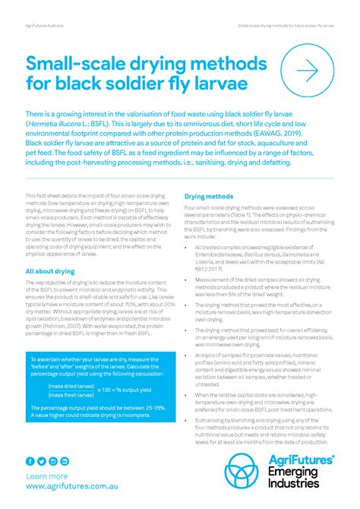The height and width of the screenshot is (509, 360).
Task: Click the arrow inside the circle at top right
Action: pyautogui.click(x=307, y=71)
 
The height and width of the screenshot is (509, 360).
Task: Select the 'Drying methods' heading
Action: pyautogui.click(x=209, y=196)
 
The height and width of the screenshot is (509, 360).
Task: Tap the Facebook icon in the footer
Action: pyautogui.click(x=31, y=461)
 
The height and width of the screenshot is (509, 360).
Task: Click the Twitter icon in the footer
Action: pyautogui.click(x=42, y=461)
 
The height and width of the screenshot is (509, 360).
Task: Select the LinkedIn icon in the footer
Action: pyautogui.click(x=65, y=461)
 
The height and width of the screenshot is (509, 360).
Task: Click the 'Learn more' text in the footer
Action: pyautogui.click(x=47, y=476)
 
